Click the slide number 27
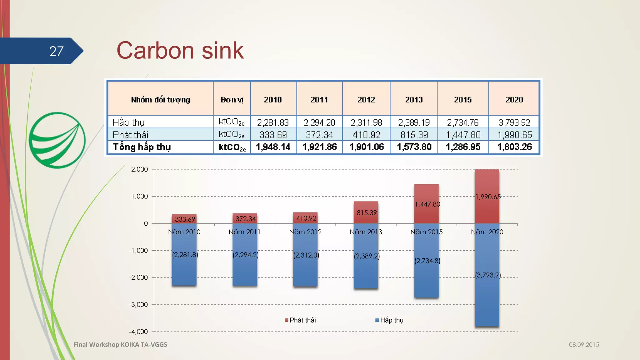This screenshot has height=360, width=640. (x=56, y=51)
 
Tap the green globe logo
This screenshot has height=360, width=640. (x=57, y=140)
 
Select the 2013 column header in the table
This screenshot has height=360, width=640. (x=413, y=100)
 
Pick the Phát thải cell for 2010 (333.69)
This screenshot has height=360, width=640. (x=273, y=135)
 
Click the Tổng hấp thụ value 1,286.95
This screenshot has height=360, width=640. (x=463, y=147)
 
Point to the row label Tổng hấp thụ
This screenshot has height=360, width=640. (x=142, y=147)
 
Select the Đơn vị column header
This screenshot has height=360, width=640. (x=232, y=100)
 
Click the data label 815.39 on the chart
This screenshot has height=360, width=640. (x=367, y=213)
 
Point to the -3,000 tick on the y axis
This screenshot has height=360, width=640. (x=138, y=305)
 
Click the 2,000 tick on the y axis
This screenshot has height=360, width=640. (x=139, y=169)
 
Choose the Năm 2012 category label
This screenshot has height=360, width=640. (x=305, y=232)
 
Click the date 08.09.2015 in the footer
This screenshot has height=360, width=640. (x=584, y=345)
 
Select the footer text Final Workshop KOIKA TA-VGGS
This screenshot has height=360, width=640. (x=120, y=344)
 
